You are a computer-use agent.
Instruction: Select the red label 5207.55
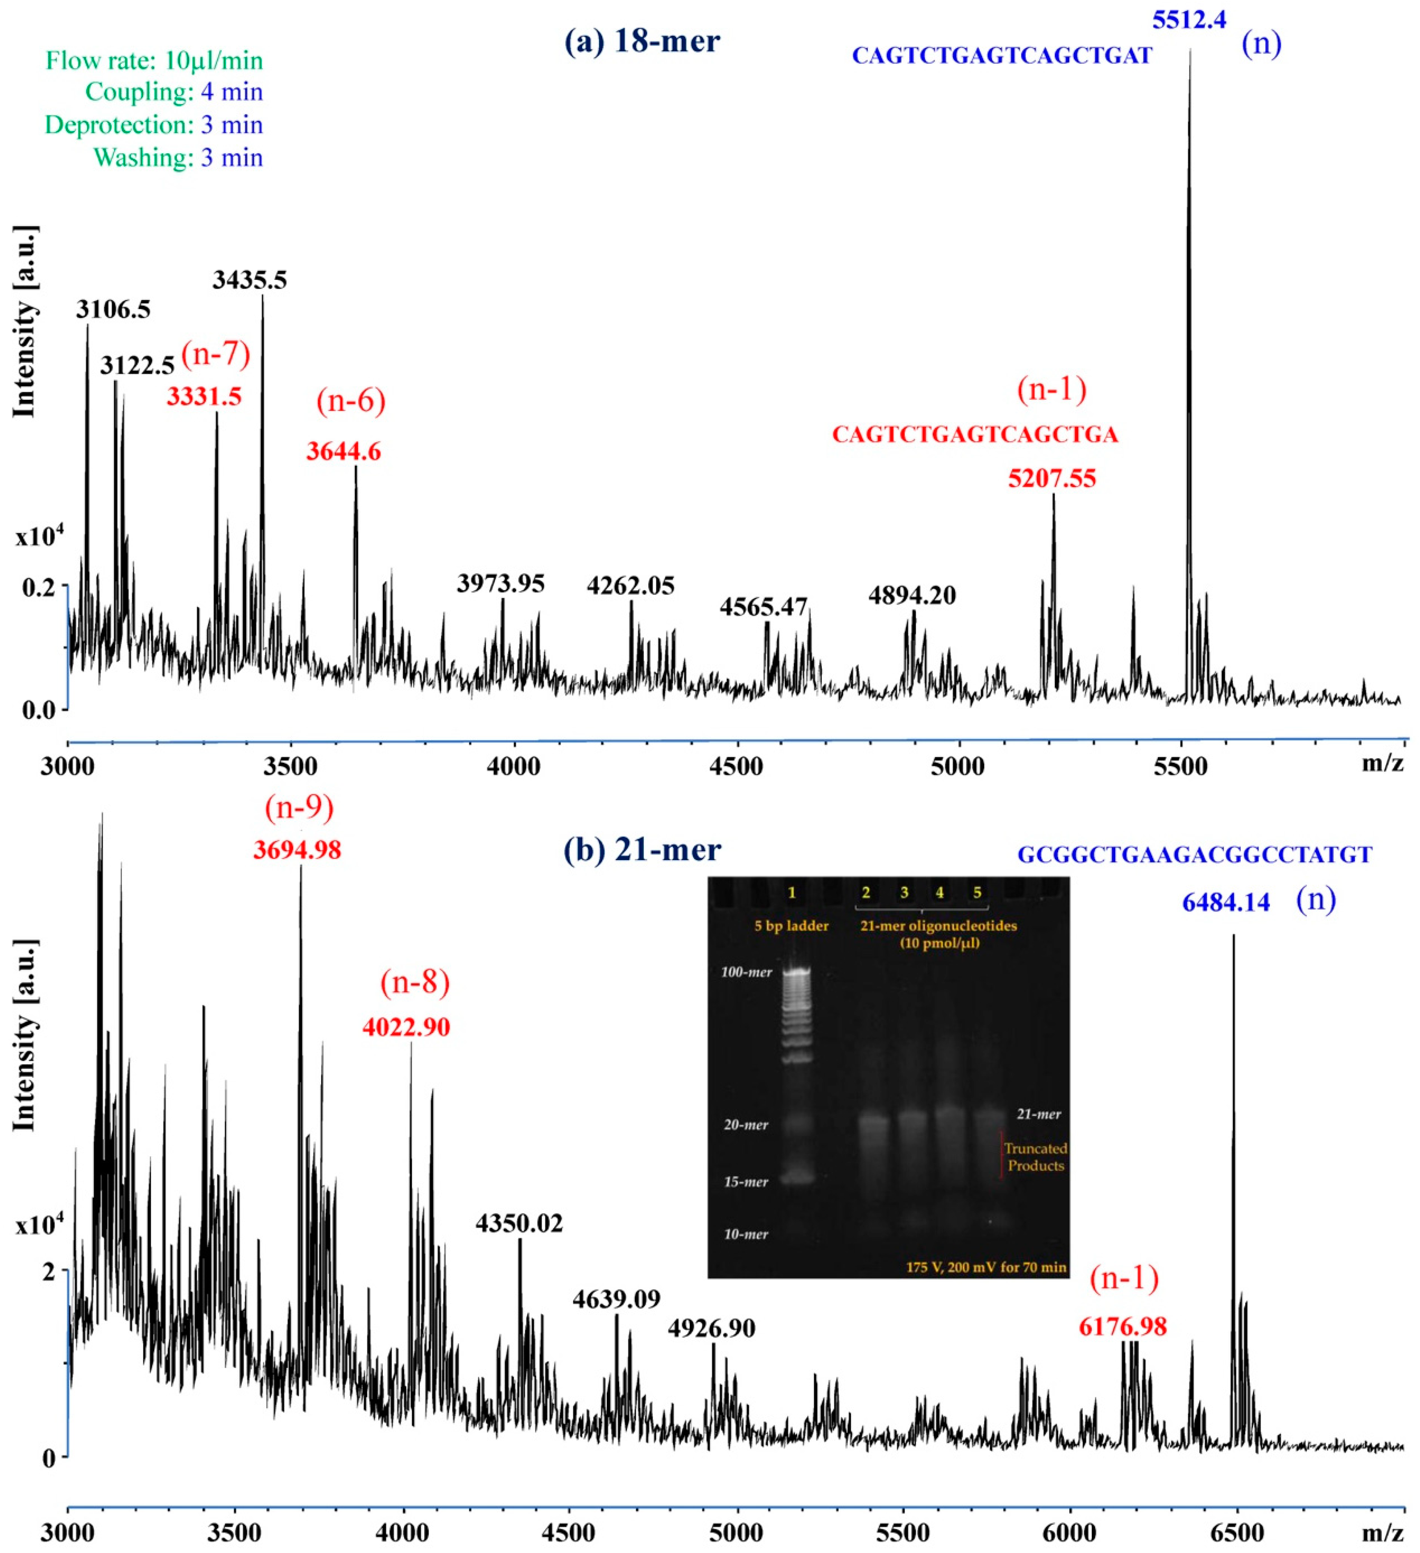1052,479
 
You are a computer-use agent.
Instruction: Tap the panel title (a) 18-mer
642,41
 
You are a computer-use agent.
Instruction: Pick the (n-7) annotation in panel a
216,354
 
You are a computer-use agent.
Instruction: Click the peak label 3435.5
249,279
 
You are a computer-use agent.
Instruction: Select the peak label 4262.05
630,586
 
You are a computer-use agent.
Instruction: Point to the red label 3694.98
297,850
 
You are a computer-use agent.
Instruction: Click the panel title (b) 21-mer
642,850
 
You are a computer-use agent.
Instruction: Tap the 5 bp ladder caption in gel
791,926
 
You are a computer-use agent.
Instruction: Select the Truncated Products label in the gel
1035,1157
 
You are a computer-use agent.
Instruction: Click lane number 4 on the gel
940,893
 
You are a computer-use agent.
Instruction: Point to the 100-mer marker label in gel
745,972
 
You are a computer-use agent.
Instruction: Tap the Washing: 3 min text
178,158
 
